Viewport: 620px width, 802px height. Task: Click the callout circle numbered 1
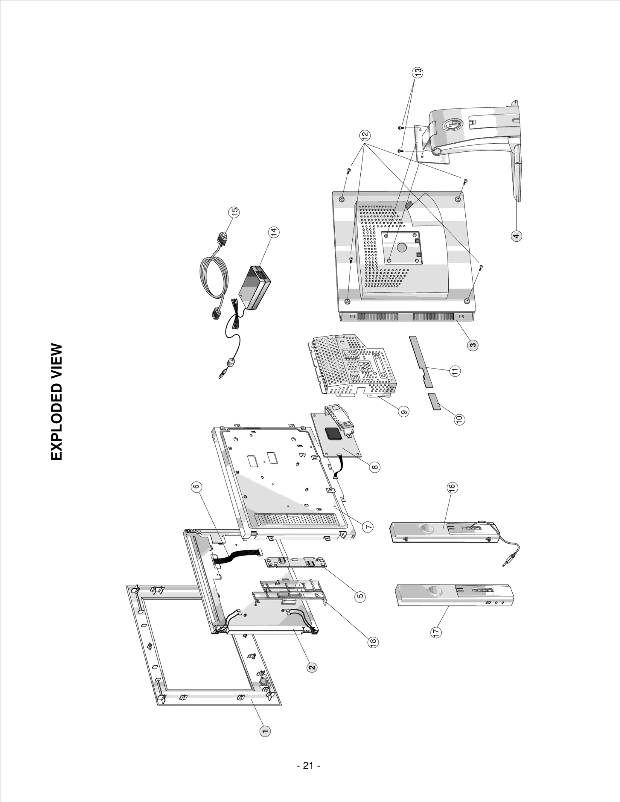tap(265, 731)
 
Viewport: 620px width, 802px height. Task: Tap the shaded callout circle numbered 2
tap(312, 666)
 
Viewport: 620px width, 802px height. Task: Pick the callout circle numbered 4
tap(516, 236)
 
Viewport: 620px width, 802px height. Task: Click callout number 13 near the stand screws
tap(417, 72)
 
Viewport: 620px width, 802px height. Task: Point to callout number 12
tap(365, 135)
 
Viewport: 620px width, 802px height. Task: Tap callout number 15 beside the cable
tap(234, 212)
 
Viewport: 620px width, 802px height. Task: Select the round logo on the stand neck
tap(452, 125)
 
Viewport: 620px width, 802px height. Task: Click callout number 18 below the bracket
tap(372, 642)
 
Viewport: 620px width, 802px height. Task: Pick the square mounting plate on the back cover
tap(402, 247)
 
